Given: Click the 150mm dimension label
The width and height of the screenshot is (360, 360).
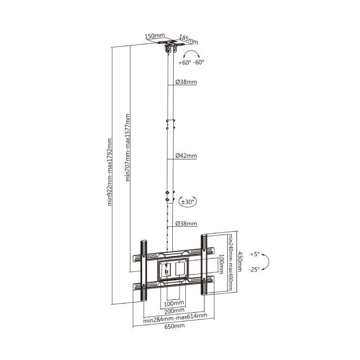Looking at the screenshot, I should (154, 36).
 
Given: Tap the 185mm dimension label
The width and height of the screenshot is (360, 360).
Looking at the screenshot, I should (188, 39).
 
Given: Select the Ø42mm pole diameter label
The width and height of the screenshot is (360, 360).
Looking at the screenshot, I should (186, 156).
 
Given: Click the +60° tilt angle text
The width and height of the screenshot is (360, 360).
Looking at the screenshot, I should (184, 63).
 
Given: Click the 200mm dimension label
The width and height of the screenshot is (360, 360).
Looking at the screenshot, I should (174, 310).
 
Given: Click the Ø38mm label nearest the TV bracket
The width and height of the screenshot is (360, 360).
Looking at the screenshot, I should (186, 224).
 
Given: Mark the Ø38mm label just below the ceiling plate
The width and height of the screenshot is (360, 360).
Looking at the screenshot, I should (186, 82).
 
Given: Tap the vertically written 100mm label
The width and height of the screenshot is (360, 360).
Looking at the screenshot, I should (221, 264).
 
